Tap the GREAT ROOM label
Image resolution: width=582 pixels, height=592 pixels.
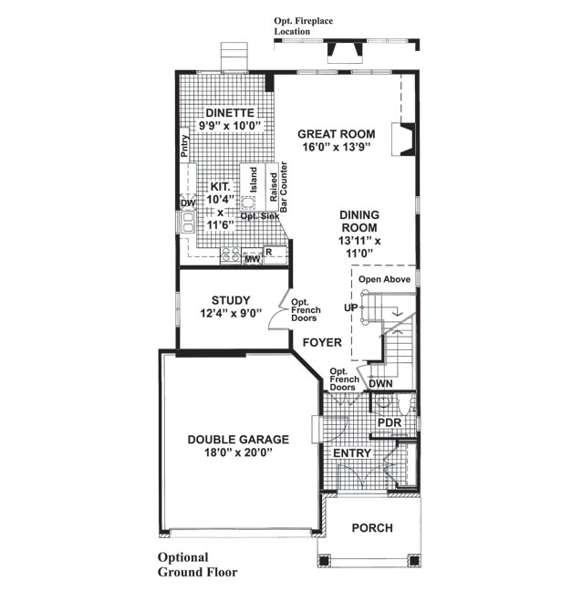point(336,134)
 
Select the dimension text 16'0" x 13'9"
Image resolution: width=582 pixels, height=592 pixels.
point(337,148)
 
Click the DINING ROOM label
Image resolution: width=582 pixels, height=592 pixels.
point(359,222)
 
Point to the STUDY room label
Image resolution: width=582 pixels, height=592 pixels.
point(231,300)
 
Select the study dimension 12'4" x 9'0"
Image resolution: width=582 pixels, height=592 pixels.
point(231,314)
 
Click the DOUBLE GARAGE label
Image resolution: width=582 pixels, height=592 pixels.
point(238,439)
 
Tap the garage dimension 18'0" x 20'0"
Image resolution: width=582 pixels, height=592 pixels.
point(238,452)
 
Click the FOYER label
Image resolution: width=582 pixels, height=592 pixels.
point(323,343)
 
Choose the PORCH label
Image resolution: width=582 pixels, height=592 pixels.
point(371,528)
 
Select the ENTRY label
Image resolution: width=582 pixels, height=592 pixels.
point(351,453)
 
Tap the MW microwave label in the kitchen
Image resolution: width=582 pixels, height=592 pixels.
point(252,261)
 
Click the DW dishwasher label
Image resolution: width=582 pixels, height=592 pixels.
point(187,203)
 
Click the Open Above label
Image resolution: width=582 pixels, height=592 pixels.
point(384,279)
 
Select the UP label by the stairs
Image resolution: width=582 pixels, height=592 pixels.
point(349,307)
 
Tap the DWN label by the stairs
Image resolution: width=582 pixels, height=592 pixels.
point(380,383)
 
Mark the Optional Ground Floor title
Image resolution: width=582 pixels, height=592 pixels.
point(197,565)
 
